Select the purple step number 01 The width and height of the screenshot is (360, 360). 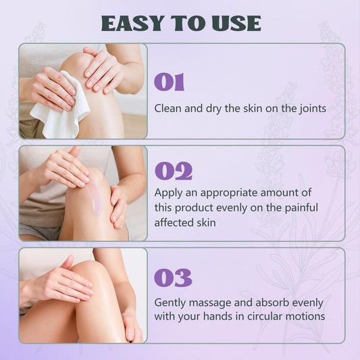(x=170, y=82)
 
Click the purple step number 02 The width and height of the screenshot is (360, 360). (x=174, y=171)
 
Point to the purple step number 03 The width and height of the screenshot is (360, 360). (x=173, y=278)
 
